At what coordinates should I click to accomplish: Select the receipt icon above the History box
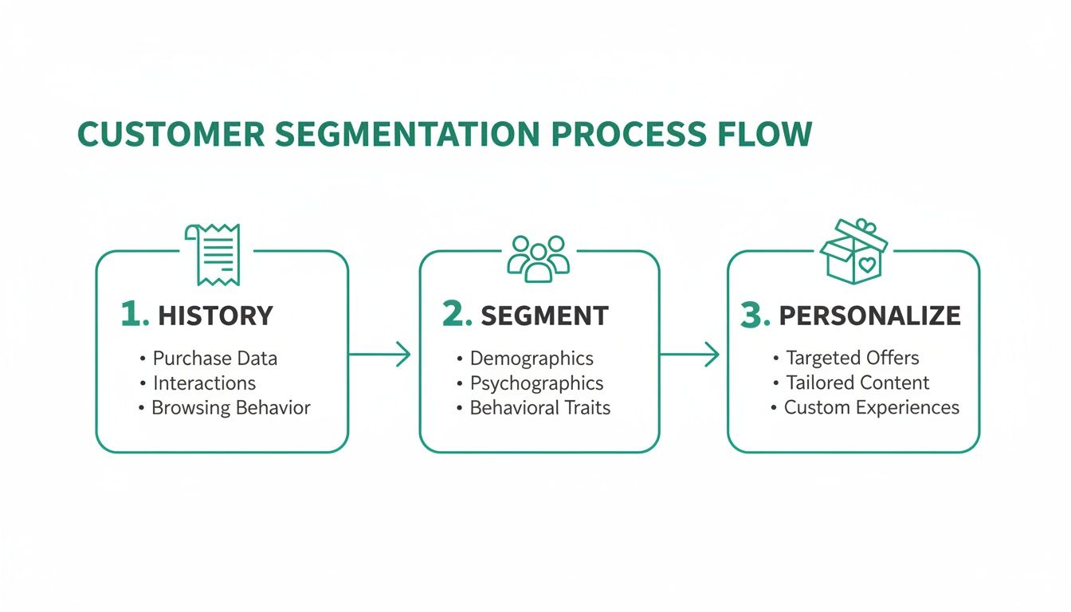(213, 254)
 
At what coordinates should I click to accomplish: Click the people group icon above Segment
(539, 257)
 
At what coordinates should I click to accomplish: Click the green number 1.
(134, 315)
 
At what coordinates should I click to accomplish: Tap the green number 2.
(457, 315)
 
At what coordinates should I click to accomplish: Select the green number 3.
(755, 315)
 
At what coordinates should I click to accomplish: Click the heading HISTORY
(215, 316)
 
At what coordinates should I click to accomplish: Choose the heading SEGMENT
(544, 316)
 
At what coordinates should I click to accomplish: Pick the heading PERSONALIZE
(869, 316)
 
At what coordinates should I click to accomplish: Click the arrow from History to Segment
(379, 355)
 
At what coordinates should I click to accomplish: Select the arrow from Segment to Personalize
(689, 355)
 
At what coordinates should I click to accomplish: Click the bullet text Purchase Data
(214, 359)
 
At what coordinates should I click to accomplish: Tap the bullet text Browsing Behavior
(230, 408)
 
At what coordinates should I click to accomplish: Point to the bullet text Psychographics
(536, 383)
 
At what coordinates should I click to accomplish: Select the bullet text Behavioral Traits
(539, 408)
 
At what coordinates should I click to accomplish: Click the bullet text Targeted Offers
(852, 358)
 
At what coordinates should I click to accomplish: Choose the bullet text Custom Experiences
(871, 408)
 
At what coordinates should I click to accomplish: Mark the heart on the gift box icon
(867, 263)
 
